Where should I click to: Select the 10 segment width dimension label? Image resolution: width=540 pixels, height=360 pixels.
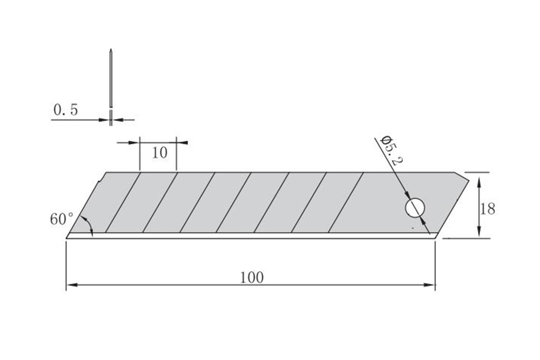159,153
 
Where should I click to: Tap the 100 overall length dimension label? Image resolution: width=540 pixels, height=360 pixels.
252,278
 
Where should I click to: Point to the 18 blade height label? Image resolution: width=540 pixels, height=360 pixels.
487,209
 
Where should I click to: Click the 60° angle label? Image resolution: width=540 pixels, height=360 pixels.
62,219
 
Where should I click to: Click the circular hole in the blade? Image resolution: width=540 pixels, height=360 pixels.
415,208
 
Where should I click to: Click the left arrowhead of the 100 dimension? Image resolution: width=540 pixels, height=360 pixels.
71,285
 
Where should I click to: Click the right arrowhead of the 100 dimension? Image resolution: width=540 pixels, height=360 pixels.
431,285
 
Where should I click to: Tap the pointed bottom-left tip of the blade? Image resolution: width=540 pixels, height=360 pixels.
68,237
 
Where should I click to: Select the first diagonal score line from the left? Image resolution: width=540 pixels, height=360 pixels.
123,202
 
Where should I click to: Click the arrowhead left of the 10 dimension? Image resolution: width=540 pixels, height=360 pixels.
134,143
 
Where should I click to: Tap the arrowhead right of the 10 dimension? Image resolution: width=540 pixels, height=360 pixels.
182,143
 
